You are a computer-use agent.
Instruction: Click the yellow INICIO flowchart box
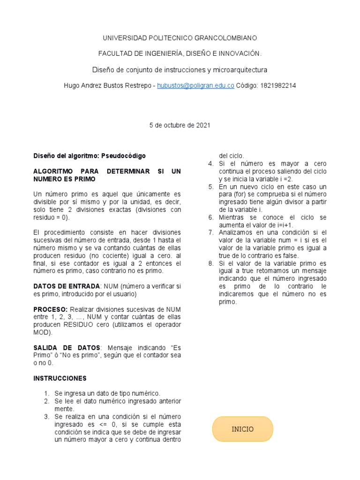pos(242,429)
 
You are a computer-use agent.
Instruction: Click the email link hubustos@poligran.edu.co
pos(195,86)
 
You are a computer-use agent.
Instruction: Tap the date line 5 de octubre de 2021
pos(180,125)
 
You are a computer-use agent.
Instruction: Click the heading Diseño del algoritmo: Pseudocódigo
pos(90,156)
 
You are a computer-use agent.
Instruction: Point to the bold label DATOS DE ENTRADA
pos(66,286)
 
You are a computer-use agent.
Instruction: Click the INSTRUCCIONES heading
pos(60,378)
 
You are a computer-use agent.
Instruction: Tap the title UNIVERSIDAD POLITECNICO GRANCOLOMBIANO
pos(180,37)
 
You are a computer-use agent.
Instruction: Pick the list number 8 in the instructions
pos(211,263)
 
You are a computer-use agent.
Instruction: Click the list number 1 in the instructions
pos(46,393)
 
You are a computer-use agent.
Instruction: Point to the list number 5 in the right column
pos(211,187)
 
